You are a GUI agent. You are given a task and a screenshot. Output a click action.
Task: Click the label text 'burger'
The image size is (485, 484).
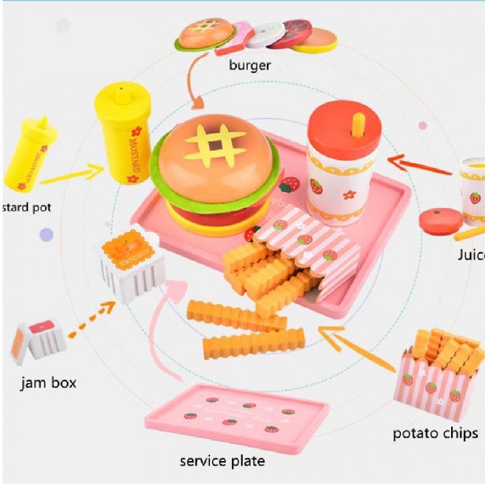[x=249, y=65]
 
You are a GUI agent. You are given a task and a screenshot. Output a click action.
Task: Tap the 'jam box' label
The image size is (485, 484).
[x=48, y=382]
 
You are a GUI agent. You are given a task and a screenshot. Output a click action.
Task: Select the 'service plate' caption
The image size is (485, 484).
[x=222, y=461]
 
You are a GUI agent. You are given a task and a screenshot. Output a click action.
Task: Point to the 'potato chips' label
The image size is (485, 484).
[x=435, y=433]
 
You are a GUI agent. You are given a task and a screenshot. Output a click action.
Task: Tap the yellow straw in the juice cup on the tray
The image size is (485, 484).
[x=357, y=124]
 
